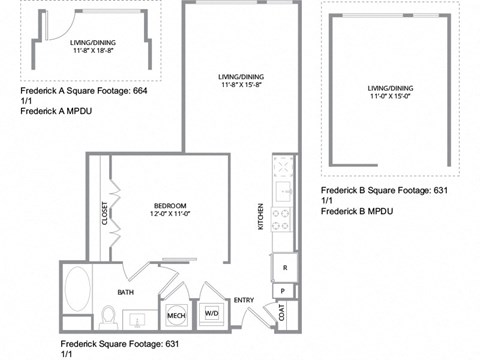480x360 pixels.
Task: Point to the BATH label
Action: [126, 292]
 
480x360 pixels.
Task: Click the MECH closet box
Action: [177, 315]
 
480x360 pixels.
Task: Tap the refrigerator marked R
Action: [284, 268]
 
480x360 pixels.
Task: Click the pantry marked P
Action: [284, 291]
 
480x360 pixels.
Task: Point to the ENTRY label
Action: [244, 300]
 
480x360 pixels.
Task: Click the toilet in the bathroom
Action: [108, 318]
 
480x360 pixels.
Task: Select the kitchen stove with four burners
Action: [282, 220]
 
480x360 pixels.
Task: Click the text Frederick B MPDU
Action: [356, 212]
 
